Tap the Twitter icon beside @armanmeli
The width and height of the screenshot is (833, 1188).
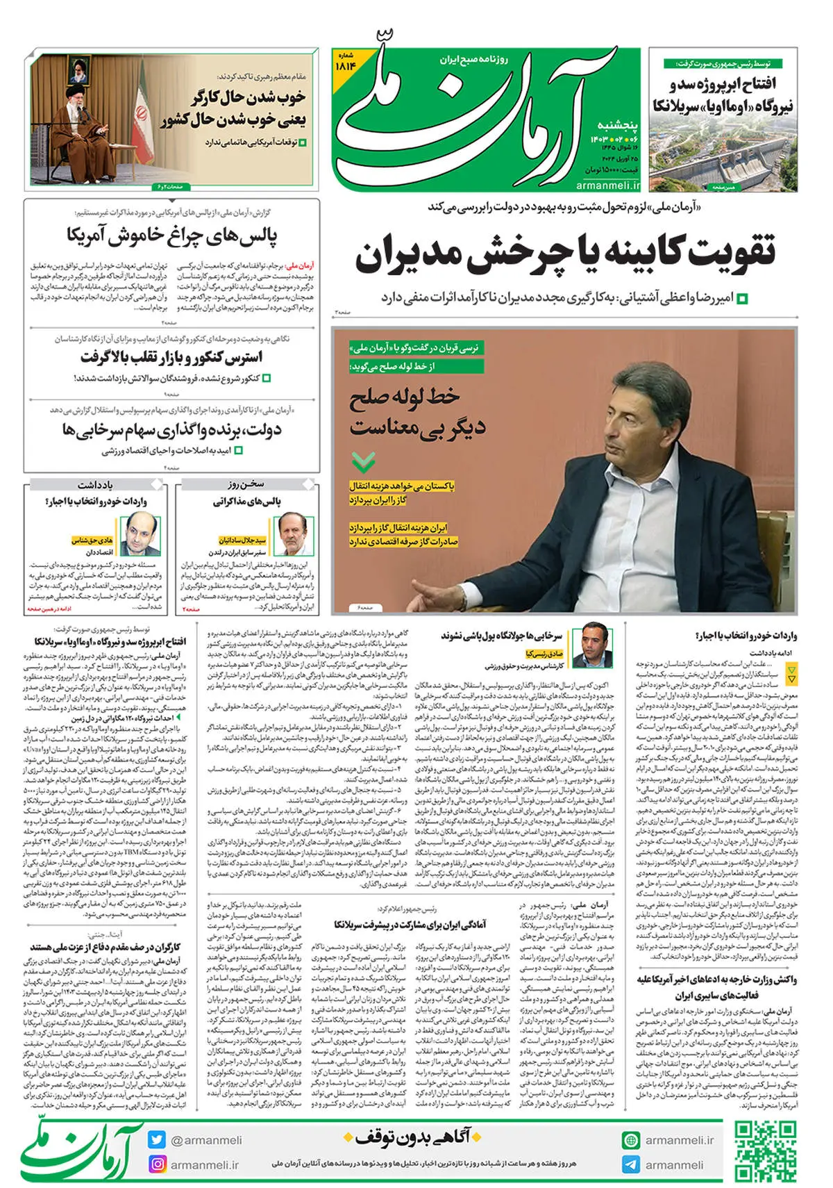[x=156, y=1140]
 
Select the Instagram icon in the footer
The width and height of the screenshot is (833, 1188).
[x=156, y=1164]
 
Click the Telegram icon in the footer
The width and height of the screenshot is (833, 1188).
[x=631, y=1164]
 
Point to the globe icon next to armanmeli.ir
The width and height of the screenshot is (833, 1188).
[x=631, y=1140]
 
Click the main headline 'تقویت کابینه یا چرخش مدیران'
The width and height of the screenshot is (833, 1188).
[x=565, y=254]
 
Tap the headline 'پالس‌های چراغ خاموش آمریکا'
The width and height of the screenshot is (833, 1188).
[x=172, y=236]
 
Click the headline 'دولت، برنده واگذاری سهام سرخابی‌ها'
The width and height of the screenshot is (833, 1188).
[x=171, y=430]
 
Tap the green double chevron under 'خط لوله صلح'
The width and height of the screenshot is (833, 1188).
[x=363, y=461]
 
